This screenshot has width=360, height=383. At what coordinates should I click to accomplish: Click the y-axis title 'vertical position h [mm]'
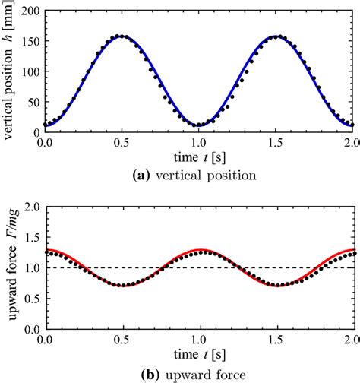tap(9, 71)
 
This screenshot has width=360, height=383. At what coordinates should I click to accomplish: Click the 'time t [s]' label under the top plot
tap(199, 157)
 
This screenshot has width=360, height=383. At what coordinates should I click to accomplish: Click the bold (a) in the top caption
tap(145, 175)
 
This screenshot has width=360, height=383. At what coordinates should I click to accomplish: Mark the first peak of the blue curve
tap(122, 36)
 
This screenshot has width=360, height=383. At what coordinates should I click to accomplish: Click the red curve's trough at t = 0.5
tap(122, 285)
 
